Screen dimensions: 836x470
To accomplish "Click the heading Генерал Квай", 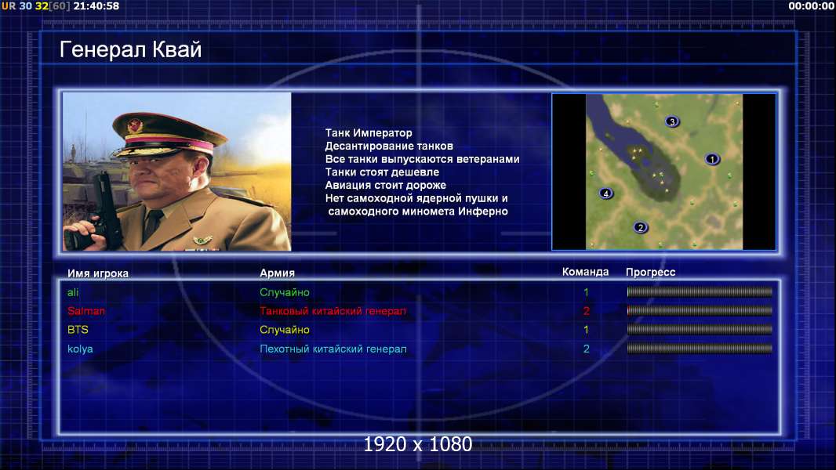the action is pos(130,49).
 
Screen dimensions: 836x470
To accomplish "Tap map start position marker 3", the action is pos(672,121).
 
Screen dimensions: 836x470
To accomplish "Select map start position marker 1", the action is pos(712,158).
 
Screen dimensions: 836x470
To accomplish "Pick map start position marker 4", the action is pos(605,193).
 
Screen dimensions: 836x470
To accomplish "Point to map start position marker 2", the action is pos(640,227).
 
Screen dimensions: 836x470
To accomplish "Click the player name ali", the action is pos(73,292).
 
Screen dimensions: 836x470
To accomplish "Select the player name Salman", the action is pos(85,311).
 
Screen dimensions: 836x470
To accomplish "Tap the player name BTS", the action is pos(78,330).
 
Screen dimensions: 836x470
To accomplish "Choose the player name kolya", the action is pos(80,349).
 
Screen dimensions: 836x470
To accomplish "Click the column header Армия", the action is pos(278,273).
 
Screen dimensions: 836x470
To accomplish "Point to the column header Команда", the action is pos(585,272).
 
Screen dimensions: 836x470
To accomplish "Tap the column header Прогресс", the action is pos(650,273).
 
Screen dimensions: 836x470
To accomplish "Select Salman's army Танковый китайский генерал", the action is pos(333,311).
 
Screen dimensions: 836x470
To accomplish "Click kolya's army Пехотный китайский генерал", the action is pos(333,349).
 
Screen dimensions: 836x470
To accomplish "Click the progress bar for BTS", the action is pos(700,330).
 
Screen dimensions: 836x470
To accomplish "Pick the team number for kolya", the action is pos(586,349).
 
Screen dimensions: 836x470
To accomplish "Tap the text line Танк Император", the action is pos(369,133).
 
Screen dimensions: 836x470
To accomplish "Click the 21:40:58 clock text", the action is pos(96,5).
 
